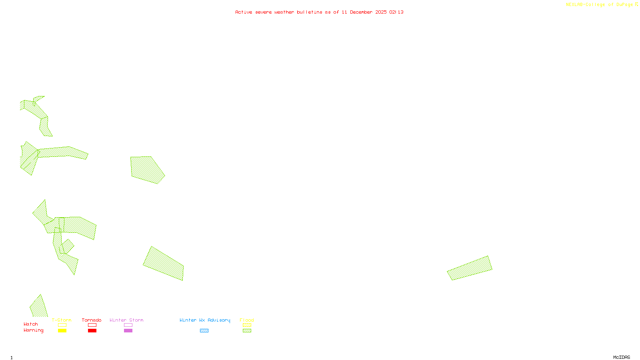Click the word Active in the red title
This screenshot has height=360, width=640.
pyautogui.click(x=244, y=12)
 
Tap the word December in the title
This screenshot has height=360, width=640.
pyautogui.click(x=361, y=12)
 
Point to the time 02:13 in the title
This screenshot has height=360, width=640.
pyautogui.click(x=396, y=12)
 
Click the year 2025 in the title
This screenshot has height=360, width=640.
pyautogui.click(x=381, y=12)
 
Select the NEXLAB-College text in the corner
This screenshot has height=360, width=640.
pyautogui.click(x=586, y=5)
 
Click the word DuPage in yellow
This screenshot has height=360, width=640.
pyautogui.click(x=624, y=5)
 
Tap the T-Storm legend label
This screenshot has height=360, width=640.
pyautogui.click(x=62, y=320)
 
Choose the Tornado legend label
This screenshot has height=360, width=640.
pyautogui.click(x=92, y=320)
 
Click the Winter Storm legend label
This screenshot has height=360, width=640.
pyautogui.click(x=126, y=320)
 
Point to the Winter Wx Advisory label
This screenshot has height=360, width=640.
pyautogui.click(x=205, y=320)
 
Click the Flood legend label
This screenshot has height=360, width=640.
pyautogui.click(x=247, y=320)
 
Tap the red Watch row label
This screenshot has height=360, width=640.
pyautogui.click(x=31, y=324)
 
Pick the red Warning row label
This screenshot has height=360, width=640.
pyautogui.click(x=34, y=330)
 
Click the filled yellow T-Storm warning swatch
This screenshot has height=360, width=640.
pyautogui.click(x=62, y=331)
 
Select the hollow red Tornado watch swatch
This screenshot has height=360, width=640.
pyautogui.click(x=92, y=325)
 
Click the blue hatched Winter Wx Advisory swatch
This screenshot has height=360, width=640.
pyautogui.click(x=204, y=331)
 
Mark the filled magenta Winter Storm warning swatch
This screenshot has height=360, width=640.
pyautogui.click(x=128, y=331)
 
